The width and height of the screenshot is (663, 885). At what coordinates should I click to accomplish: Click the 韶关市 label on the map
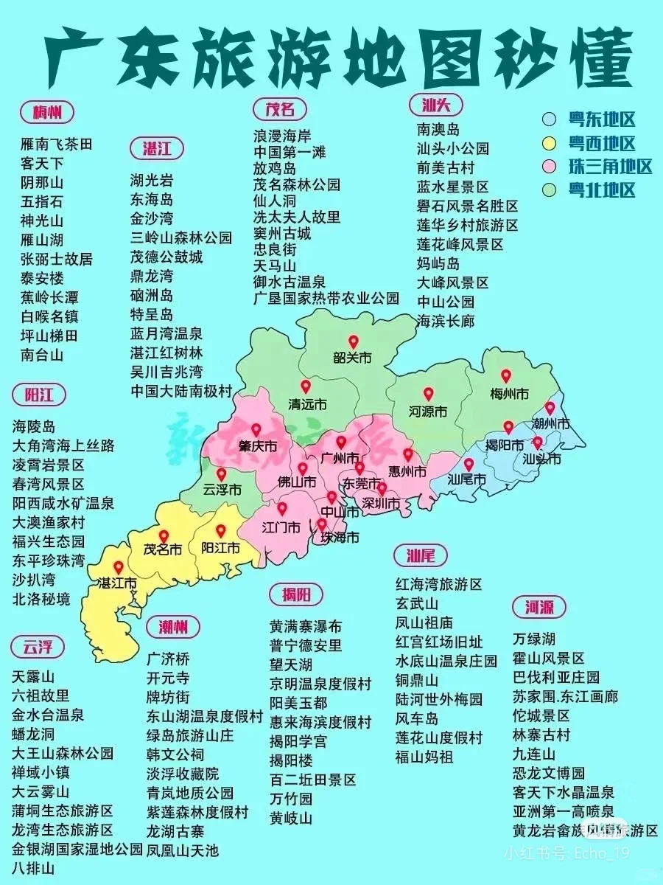(x=353, y=358)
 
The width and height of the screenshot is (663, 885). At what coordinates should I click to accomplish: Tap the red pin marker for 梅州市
(x=506, y=376)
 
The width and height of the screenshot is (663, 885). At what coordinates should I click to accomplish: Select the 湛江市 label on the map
(x=117, y=583)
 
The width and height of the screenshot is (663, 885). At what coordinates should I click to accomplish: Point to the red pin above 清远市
(x=306, y=386)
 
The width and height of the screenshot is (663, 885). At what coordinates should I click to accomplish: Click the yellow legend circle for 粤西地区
(x=549, y=143)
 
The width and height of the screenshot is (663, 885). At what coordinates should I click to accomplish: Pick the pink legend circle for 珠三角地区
(x=549, y=166)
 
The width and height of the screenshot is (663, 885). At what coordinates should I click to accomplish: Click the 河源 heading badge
(x=539, y=607)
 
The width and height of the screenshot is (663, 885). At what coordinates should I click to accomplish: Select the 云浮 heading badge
(x=38, y=647)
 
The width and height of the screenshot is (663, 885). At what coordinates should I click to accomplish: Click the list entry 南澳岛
(x=438, y=130)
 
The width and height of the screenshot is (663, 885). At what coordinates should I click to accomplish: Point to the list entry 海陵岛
(x=34, y=426)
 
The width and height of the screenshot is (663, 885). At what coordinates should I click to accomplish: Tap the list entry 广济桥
(x=168, y=659)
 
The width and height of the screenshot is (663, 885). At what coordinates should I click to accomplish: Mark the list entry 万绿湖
(x=534, y=639)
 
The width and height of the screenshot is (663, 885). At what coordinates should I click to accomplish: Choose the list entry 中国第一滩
(x=290, y=153)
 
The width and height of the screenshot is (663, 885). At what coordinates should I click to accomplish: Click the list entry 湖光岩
(x=152, y=180)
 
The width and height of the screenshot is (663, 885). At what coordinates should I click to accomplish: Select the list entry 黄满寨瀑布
(x=306, y=626)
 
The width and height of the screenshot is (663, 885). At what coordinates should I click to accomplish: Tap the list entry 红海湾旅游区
(x=438, y=584)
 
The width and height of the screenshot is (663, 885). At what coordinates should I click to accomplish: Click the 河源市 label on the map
(x=428, y=411)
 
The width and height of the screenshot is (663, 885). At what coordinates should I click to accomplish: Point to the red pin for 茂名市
(x=164, y=536)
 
